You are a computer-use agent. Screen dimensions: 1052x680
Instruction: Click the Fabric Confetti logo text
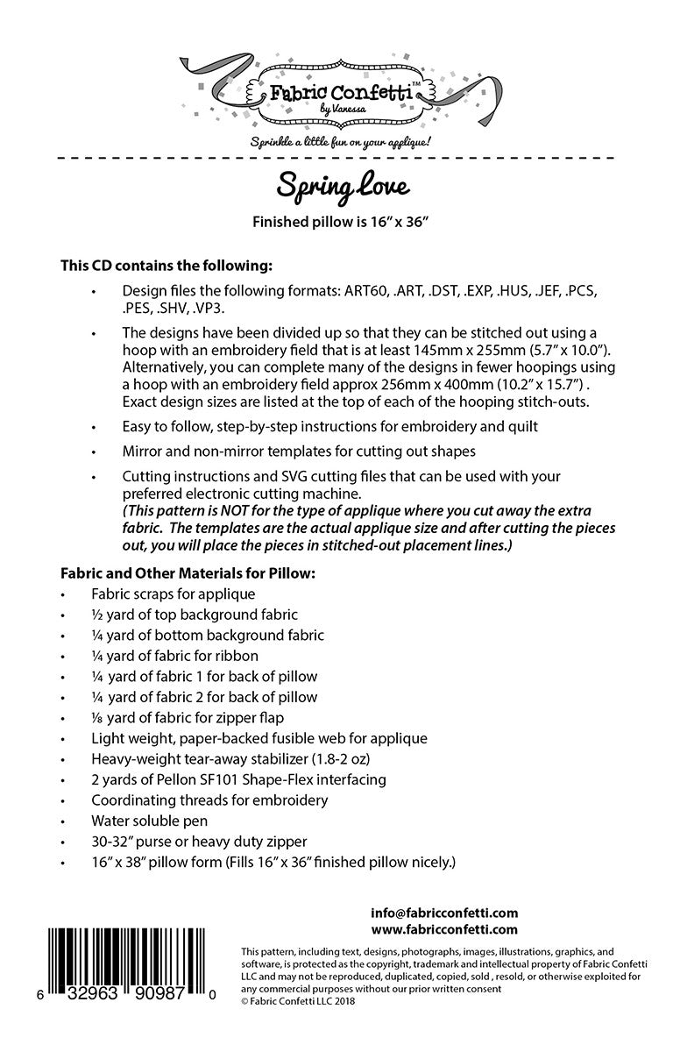[x=340, y=91]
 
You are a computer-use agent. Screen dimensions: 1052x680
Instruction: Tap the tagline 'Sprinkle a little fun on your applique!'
[x=339, y=140]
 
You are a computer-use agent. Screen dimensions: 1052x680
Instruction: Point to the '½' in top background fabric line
[x=97, y=615]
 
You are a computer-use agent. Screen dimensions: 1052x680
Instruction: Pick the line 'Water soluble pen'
[x=149, y=821]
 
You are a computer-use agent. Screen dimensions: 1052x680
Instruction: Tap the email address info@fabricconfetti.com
[x=443, y=913]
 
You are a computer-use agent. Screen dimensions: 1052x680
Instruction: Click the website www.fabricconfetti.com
[x=443, y=929]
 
